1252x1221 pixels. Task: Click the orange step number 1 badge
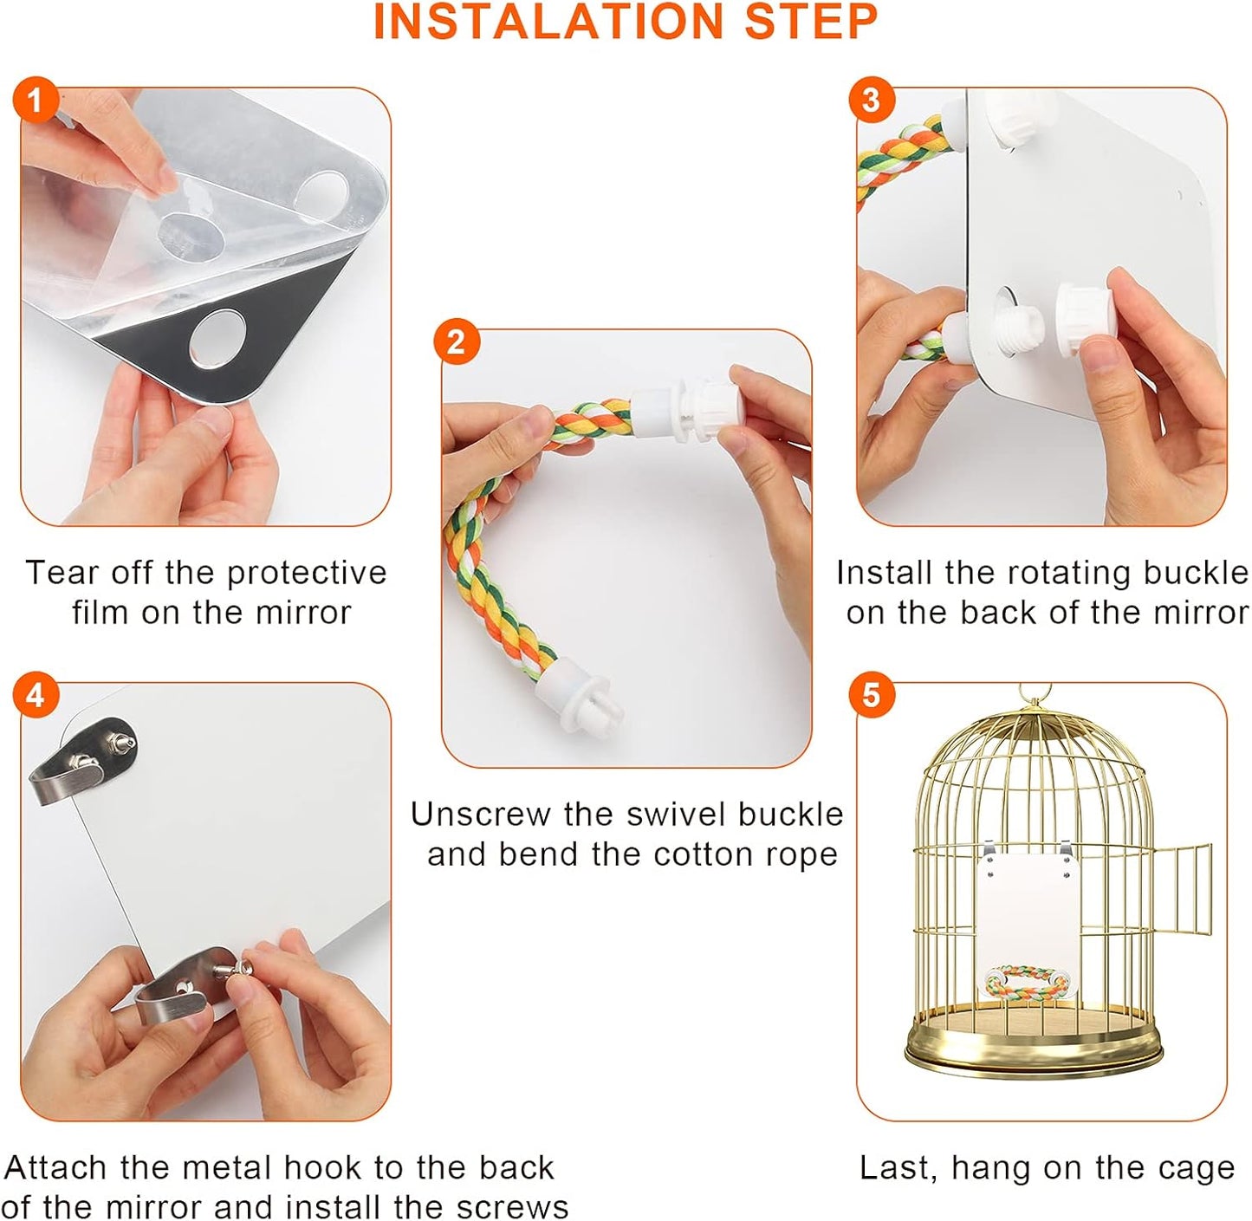click(x=35, y=101)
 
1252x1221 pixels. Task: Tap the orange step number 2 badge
click(x=456, y=342)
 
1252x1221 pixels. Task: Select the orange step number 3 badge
click(x=871, y=101)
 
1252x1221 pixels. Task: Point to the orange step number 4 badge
click(x=35, y=696)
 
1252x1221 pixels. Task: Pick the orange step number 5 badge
click(x=871, y=696)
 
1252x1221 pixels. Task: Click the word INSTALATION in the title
click(x=548, y=22)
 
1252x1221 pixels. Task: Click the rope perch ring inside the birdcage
click(x=1028, y=983)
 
